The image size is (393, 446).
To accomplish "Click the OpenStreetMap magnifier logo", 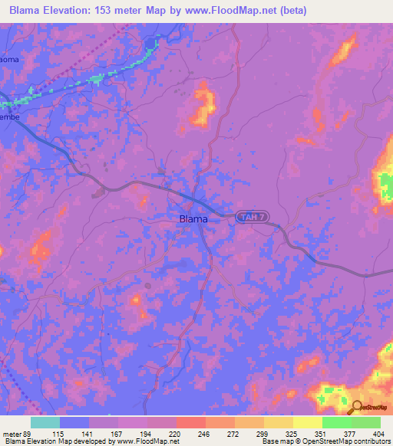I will (355, 408).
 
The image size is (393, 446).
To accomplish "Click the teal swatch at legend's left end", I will (45, 422).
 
